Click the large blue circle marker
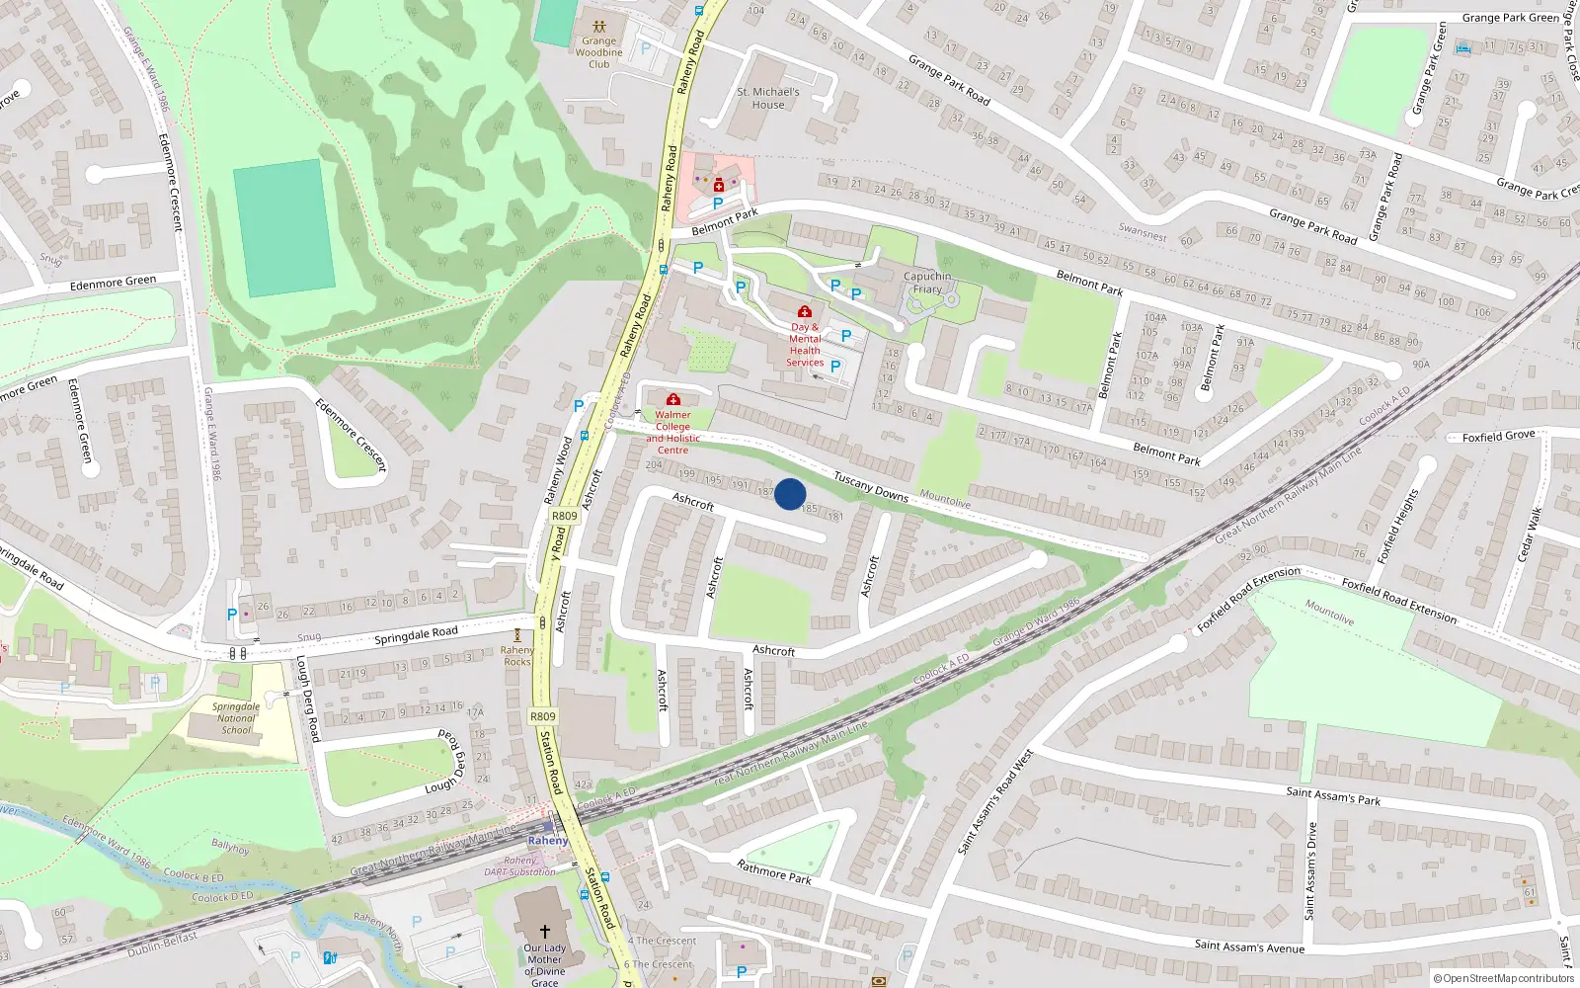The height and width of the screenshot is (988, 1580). click(x=790, y=494)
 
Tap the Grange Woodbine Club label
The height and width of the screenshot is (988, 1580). click(x=598, y=52)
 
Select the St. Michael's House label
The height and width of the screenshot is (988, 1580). click(x=768, y=98)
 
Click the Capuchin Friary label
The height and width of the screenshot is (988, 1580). click(x=927, y=283)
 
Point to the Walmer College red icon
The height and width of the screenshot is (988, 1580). click(x=673, y=399)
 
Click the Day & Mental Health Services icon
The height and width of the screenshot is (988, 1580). click(x=805, y=311)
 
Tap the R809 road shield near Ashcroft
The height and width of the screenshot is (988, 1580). click(x=564, y=516)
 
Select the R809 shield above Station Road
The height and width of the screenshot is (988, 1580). click(x=542, y=716)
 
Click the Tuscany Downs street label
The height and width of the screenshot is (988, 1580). click(x=870, y=485)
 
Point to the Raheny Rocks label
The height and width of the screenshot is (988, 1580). click(x=516, y=656)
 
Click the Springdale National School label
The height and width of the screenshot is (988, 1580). click(x=236, y=718)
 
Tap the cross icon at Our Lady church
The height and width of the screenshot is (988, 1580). click(x=544, y=931)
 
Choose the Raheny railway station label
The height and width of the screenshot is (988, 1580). click(x=547, y=841)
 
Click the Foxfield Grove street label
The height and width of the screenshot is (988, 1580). click(x=1498, y=436)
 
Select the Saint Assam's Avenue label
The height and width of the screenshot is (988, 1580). click(x=1249, y=947)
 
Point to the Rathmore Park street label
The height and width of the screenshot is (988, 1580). click(x=774, y=871)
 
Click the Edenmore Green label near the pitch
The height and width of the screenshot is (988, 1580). click(x=113, y=284)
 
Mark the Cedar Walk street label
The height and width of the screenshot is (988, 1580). click(x=1528, y=534)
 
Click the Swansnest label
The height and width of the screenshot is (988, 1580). click(x=1143, y=233)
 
